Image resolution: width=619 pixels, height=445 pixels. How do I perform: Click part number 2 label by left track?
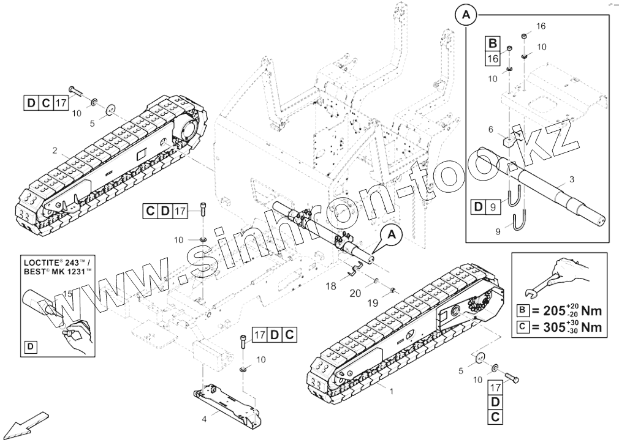point(55,151)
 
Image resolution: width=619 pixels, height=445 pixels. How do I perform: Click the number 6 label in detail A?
point(490,129)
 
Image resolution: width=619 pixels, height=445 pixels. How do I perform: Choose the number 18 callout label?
point(331,286)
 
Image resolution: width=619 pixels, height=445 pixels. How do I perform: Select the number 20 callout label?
point(356,294)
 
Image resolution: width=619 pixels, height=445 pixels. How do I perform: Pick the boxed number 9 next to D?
point(492,208)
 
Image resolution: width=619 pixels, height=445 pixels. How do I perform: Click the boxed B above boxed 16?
point(492,43)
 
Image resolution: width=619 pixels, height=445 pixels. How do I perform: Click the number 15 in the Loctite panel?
point(67,294)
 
